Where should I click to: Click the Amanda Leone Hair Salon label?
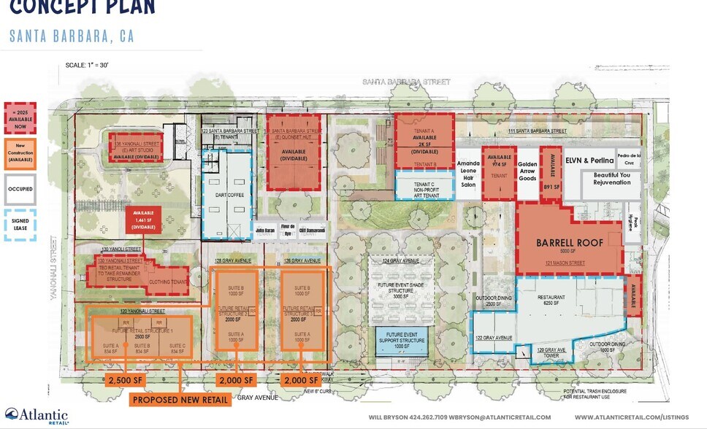(x=468, y=173)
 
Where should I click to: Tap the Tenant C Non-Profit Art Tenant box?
(x=424, y=185)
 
